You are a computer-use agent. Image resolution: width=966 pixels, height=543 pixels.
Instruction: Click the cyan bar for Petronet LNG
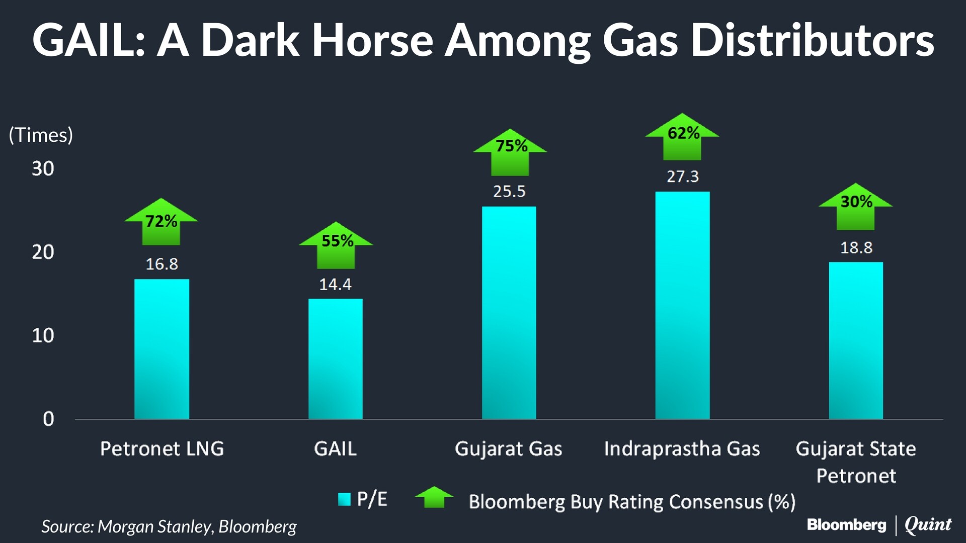(x=162, y=349)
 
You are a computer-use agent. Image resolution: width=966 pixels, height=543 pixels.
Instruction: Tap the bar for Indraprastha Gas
(x=682, y=305)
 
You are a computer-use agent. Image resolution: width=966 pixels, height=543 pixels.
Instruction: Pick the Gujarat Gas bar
(x=509, y=313)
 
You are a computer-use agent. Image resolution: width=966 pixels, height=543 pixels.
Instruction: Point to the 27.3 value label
(x=683, y=176)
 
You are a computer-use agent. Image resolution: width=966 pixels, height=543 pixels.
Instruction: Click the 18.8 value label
(x=856, y=248)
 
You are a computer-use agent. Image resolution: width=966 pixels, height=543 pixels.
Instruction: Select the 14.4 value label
(x=335, y=285)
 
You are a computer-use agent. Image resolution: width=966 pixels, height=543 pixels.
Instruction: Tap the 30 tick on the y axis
(x=43, y=168)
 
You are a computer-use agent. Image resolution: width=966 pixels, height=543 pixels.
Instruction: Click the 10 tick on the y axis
(x=43, y=335)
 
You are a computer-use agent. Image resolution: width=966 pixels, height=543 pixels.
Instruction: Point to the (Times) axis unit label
(x=41, y=135)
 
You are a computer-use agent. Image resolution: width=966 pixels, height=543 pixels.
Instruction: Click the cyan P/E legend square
(x=344, y=499)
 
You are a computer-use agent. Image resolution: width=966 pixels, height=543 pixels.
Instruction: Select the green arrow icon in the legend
(x=434, y=498)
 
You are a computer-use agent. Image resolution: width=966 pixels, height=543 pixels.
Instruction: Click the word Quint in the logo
(x=928, y=525)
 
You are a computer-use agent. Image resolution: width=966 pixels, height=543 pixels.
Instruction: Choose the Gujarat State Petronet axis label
(x=856, y=462)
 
